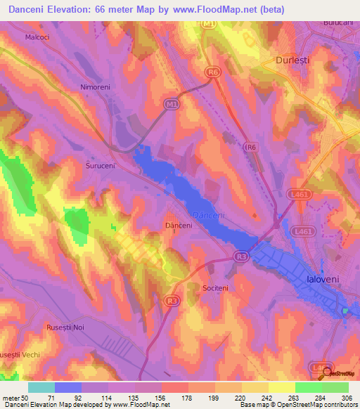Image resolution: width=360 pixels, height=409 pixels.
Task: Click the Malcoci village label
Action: click(x=37, y=37)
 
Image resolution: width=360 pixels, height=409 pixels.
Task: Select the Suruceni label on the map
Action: click(x=99, y=167)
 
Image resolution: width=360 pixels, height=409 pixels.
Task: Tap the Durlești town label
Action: click(x=293, y=60)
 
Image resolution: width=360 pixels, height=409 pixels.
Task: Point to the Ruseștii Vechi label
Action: click(x=20, y=355)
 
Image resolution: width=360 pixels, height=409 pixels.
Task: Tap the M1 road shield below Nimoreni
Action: click(x=171, y=104)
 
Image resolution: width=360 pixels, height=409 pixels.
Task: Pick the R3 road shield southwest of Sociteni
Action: click(x=171, y=300)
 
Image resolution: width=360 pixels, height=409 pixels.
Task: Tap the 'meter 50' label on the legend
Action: click(x=13, y=397)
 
